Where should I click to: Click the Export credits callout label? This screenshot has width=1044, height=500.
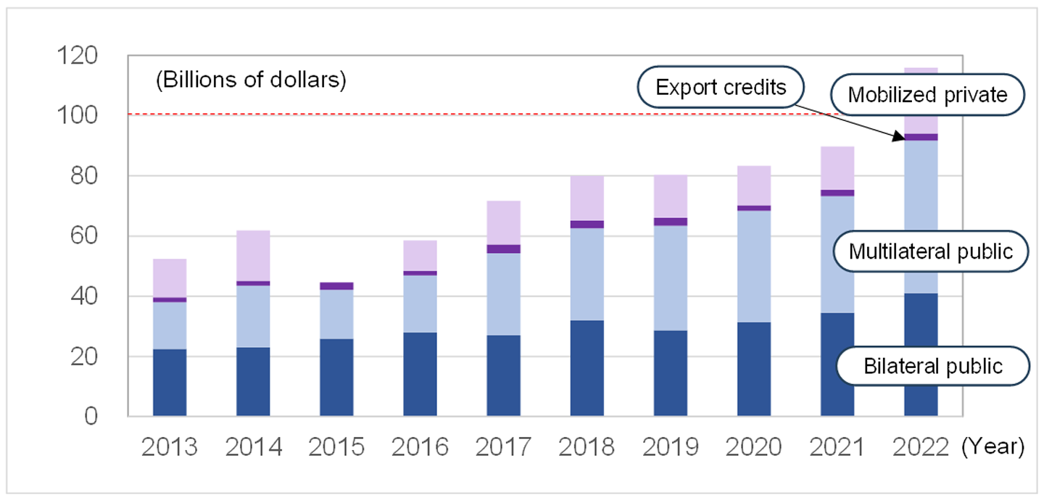click(721, 88)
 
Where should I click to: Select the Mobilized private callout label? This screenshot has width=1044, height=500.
click(927, 94)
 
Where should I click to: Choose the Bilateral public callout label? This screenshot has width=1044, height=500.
click(932, 366)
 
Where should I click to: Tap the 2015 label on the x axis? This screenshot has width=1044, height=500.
click(336, 447)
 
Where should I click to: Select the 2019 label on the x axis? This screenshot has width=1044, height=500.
click(671, 447)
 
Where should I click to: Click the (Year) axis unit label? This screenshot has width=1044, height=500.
click(993, 447)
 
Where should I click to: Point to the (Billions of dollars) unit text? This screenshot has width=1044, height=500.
click(251, 80)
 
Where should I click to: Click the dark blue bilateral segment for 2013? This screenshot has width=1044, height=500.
click(170, 383)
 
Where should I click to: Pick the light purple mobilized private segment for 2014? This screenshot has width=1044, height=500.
click(253, 255)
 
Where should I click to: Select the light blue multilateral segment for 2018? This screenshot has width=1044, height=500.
click(587, 274)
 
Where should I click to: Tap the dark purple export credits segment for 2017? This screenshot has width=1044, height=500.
click(503, 249)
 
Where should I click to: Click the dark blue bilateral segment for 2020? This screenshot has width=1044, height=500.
click(754, 370)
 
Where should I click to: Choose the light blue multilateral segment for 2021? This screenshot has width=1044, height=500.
click(837, 254)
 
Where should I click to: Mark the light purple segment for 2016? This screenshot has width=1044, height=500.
click(420, 255)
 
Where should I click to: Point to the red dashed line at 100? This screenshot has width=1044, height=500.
click(435, 114)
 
